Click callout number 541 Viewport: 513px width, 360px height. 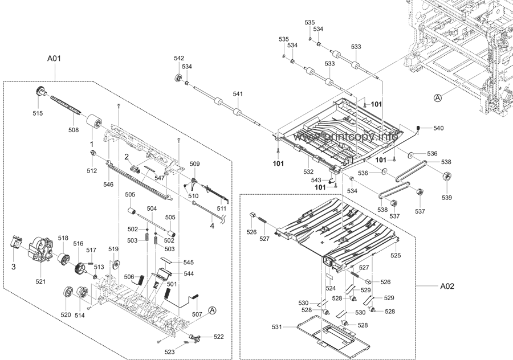(x=238, y=93)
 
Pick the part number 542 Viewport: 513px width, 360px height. (x=179, y=59)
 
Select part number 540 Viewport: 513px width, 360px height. (x=438, y=128)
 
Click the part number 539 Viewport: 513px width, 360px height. (x=446, y=197)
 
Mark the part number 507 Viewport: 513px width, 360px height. (x=197, y=314)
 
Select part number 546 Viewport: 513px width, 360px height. (x=108, y=185)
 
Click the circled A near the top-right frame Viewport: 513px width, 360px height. (x=438, y=98)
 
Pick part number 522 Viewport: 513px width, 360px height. (x=219, y=337)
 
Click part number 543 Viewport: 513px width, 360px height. (x=316, y=180)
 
